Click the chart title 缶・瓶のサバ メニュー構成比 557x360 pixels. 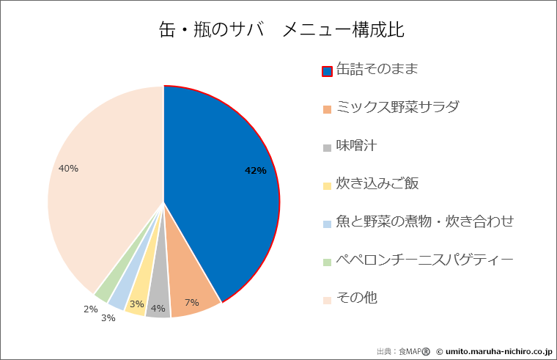(x=282, y=30)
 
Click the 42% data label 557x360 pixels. (x=255, y=170)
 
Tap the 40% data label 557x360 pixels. (x=68, y=168)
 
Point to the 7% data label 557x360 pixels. (x=191, y=302)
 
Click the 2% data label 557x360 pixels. (x=90, y=309)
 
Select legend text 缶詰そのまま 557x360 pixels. (x=377, y=70)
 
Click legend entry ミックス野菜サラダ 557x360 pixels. (x=397, y=108)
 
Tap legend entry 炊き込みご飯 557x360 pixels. (x=377, y=184)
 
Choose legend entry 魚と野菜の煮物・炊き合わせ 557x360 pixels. (x=424, y=221)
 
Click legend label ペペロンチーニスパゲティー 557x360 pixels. (x=424, y=260)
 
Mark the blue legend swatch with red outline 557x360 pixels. (x=327, y=71)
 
